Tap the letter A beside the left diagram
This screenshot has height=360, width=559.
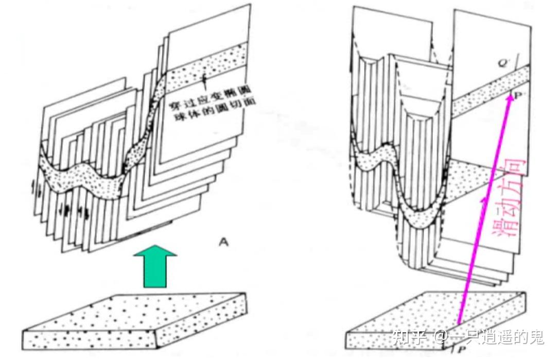(223, 242)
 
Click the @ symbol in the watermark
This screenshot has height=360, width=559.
(439, 338)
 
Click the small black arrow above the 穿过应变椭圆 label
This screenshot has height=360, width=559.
(204, 78)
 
